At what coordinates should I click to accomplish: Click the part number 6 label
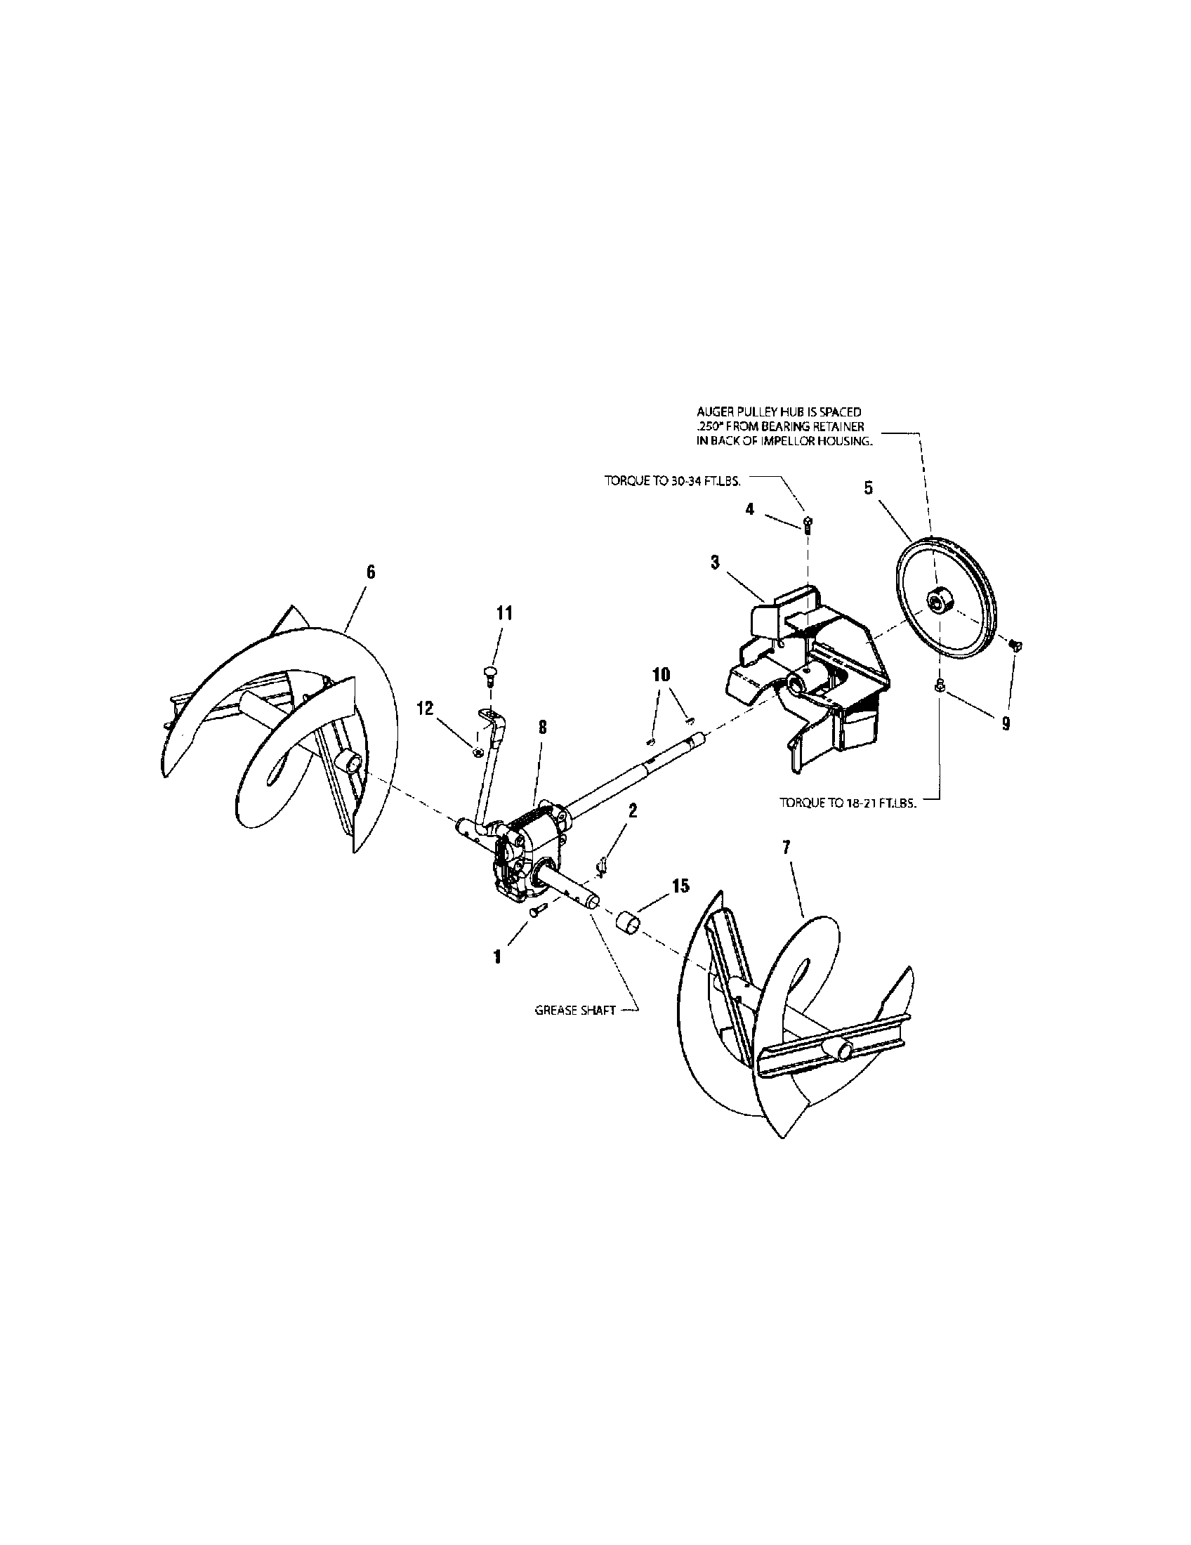pyautogui.click(x=370, y=572)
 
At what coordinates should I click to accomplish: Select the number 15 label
pyautogui.click(x=680, y=886)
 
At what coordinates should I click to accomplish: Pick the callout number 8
pyautogui.click(x=543, y=727)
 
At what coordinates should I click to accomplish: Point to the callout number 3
pyautogui.click(x=715, y=563)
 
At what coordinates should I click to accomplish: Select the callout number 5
pyautogui.click(x=869, y=488)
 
